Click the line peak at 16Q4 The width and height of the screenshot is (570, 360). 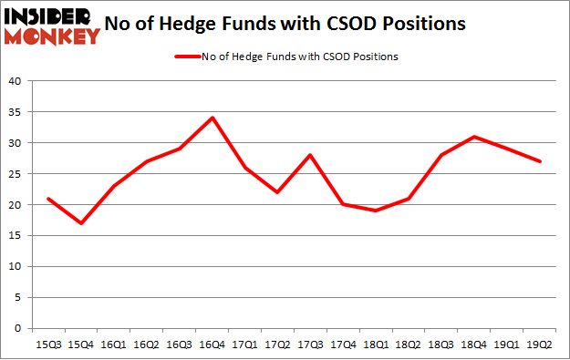point(211,118)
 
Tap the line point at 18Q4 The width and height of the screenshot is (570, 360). point(472,137)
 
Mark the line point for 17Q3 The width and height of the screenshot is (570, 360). point(309,155)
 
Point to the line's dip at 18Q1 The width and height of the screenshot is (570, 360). point(375,211)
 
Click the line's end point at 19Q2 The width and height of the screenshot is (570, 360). point(538,161)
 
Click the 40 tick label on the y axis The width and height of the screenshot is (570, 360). point(16,81)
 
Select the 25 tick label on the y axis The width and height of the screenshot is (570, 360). point(16,174)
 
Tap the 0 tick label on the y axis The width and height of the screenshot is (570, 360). point(18,328)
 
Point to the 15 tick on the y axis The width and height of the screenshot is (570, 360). point(16,236)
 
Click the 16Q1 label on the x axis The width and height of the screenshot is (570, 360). point(113,345)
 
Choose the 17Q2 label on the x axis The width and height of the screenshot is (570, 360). point(276,345)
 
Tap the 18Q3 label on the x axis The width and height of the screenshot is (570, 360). point(440,345)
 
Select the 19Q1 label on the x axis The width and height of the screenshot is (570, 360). point(505,345)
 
